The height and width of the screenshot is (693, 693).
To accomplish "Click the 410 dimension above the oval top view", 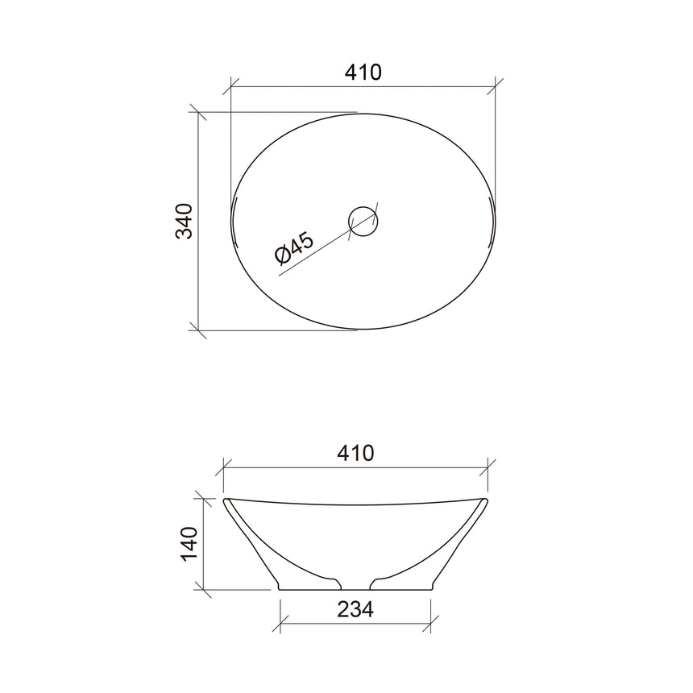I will [x=363, y=73].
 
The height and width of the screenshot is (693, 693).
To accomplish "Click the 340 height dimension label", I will [x=185, y=221].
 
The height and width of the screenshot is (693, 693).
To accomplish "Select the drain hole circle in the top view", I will [x=363, y=221].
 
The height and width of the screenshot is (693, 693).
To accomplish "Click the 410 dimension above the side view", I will [x=355, y=453].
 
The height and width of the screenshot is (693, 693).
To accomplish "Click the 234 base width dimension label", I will [x=355, y=610].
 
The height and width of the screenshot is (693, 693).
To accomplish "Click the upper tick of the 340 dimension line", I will [x=197, y=112].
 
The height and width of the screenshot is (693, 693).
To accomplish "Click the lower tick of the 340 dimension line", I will [x=197, y=329].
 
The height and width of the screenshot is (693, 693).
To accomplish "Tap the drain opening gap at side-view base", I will [x=355, y=587].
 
